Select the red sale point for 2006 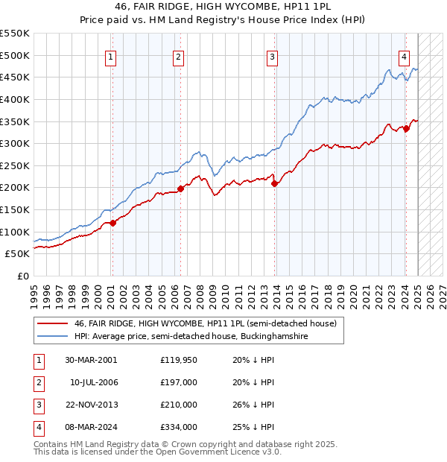click(x=180, y=189)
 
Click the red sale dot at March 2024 click(x=407, y=128)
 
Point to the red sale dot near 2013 click(x=274, y=183)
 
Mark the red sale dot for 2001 click(x=112, y=223)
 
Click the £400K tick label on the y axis click(x=14, y=99)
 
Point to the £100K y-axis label click(x=14, y=232)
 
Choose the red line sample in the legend click(x=51, y=323)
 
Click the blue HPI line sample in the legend click(x=51, y=337)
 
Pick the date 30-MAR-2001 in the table click(x=91, y=360)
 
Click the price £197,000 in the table click(x=178, y=382)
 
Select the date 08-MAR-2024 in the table click(x=91, y=427)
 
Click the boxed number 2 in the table click(x=38, y=382)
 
